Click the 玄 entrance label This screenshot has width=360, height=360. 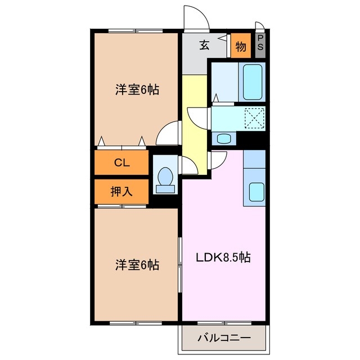click(204, 46)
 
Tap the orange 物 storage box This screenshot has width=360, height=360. click(241, 47)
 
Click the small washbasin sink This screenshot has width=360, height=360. click(223, 138)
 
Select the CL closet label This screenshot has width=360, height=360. click(121, 163)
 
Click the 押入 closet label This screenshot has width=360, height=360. click(121, 191)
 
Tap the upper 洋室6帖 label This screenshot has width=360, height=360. click(137, 89)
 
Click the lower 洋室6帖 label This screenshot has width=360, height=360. click(137, 264)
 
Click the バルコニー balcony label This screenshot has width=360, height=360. click(223, 338)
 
